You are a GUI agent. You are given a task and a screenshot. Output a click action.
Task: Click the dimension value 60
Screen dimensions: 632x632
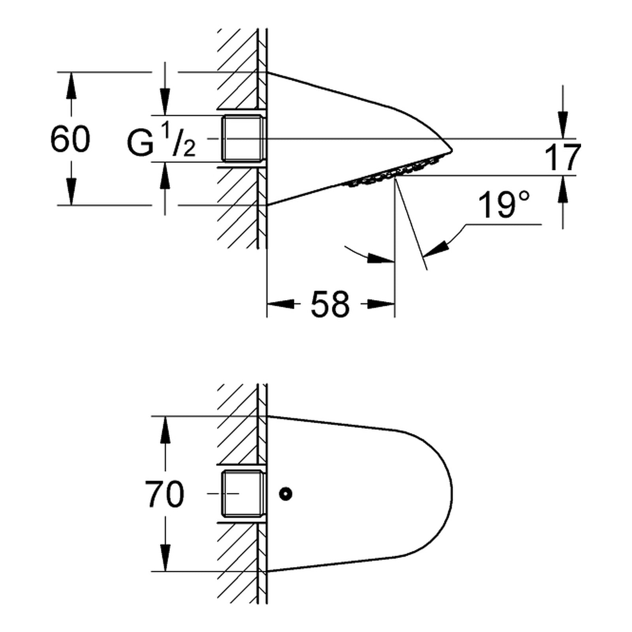(70, 139)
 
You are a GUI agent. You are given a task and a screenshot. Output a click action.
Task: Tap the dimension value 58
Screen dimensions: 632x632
(330, 304)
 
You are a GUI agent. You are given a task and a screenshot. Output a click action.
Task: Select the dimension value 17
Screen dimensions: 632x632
(562, 157)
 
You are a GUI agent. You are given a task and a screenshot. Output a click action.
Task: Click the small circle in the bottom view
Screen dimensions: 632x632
(285, 493)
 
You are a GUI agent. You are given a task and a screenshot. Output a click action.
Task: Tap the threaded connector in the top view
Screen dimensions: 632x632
(241, 139)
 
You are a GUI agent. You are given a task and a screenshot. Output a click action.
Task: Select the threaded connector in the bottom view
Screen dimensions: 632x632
(241, 493)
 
